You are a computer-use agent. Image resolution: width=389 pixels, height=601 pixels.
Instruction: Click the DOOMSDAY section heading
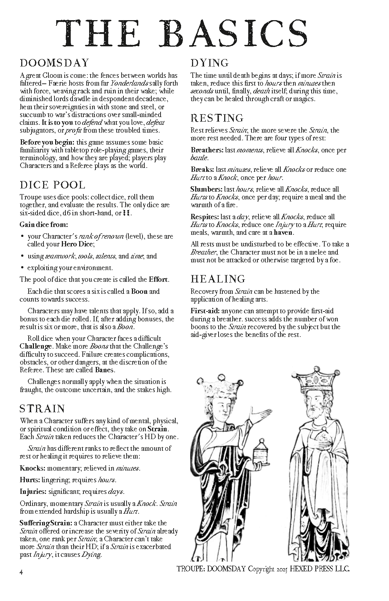54,63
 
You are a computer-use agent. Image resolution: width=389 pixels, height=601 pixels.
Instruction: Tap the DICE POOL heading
52,185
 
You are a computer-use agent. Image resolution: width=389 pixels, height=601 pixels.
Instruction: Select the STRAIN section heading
42,409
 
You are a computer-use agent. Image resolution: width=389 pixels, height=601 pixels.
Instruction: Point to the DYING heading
210,63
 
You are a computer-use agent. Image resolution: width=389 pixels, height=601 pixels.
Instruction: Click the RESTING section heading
217,118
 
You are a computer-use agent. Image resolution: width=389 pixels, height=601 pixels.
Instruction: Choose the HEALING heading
218,279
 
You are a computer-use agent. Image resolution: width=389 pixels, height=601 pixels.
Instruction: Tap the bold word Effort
158,280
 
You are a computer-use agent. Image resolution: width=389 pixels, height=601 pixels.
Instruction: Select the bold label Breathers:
207,150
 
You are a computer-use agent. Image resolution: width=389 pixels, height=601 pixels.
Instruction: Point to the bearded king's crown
315,380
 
